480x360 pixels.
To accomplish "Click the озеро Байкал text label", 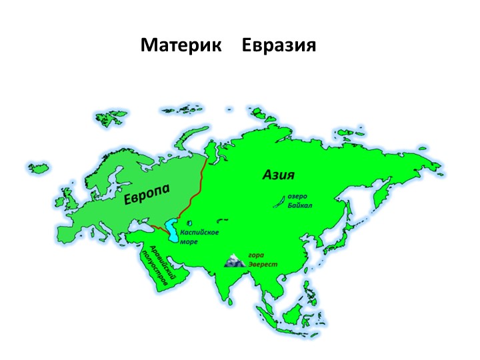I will point(300,201).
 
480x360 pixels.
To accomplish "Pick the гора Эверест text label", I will point(262,259).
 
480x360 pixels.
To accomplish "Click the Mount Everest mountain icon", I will point(235,261).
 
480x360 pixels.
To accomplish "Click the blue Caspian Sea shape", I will point(173,231).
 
